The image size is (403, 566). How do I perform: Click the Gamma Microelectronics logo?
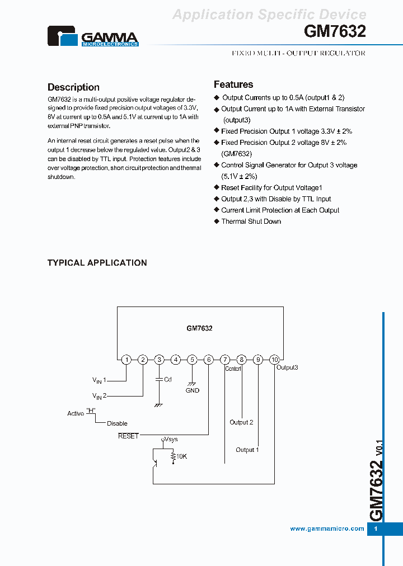tap(92, 37)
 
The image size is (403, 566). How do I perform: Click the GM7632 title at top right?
tap(335, 32)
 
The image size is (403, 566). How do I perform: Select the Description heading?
tap(73, 87)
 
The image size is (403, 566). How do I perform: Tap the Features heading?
tap(233, 84)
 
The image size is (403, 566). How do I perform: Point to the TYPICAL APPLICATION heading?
tap(97, 263)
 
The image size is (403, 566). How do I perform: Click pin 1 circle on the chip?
tap(126, 360)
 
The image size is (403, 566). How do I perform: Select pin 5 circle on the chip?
tap(192, 360)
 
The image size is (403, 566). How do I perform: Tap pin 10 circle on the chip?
tap(274, 360)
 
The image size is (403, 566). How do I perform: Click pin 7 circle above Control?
tap(225, 360)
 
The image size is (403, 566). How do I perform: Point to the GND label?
tap(192, 390)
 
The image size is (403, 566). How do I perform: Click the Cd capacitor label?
tap(167, 379)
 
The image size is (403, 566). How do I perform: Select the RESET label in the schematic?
tap(128, 436)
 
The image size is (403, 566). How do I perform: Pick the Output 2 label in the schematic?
tap(241, 422)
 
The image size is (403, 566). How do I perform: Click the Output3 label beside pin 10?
tap(287, 367)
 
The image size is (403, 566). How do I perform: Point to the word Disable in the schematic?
tap(117, 423)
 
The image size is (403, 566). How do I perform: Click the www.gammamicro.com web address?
tap(327, 529)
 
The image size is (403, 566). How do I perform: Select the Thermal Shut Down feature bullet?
tap(251, 221)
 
